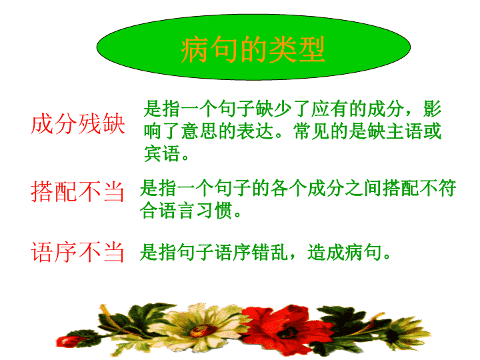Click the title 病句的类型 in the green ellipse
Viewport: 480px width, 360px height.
coord(253,49)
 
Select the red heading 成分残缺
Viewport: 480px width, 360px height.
coord(78,124)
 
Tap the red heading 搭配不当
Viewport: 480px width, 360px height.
coord(77,191)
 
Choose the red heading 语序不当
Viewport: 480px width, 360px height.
coord(77,252)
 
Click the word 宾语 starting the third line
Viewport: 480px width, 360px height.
coord(162,154)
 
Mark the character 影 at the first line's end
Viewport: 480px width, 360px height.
coord(432,109)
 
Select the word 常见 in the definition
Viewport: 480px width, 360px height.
coord(311,131)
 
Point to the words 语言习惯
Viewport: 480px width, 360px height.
coord(186,211)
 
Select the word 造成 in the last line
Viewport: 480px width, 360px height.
coord(326,252)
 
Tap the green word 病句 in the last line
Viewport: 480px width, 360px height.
coord(363,252)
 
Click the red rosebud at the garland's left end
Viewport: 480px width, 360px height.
coord(68,341)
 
